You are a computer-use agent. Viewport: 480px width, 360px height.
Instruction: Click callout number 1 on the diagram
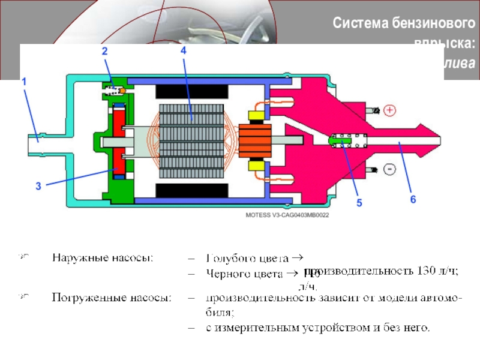[x=25, y=80]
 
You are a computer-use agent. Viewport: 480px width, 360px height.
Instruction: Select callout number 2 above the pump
[x=104, y=52]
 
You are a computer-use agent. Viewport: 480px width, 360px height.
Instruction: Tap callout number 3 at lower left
[x=38, y=187]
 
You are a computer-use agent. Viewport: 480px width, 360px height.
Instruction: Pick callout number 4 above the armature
[x=183, y=52]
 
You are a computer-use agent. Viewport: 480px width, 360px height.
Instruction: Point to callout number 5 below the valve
[x=359, y=203]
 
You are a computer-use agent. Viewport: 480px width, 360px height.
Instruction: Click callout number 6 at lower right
[x=413, y=199]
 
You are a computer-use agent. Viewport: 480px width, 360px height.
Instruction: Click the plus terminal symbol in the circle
[x=390, y=110]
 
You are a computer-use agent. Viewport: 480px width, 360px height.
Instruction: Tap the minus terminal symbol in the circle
[x=389, y=170]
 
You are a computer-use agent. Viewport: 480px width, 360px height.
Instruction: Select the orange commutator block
[x=256, y=140]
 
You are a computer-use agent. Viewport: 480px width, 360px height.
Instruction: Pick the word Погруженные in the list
[x=83, y=296]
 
